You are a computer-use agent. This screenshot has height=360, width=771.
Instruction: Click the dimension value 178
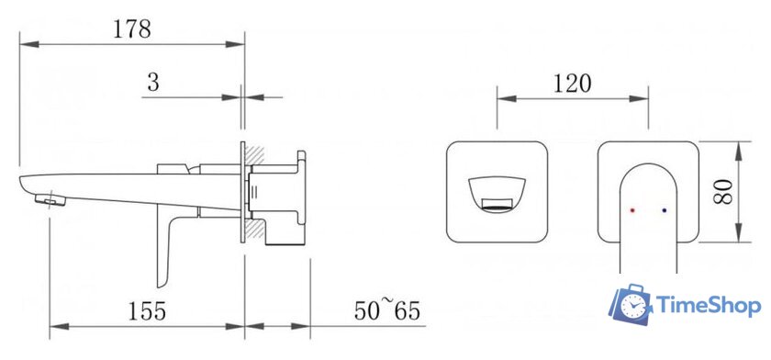132,29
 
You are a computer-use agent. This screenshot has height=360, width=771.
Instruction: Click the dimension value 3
153,83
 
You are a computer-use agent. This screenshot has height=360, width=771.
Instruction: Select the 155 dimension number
147,310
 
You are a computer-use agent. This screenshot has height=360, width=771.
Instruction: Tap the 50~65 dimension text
387,310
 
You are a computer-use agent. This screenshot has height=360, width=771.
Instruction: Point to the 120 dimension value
572,84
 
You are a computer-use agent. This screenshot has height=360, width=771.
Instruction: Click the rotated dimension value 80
723,192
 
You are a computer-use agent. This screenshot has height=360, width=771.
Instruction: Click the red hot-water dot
632,210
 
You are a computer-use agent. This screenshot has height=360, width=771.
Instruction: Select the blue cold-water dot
665,210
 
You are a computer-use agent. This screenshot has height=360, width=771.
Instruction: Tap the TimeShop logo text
709,306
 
